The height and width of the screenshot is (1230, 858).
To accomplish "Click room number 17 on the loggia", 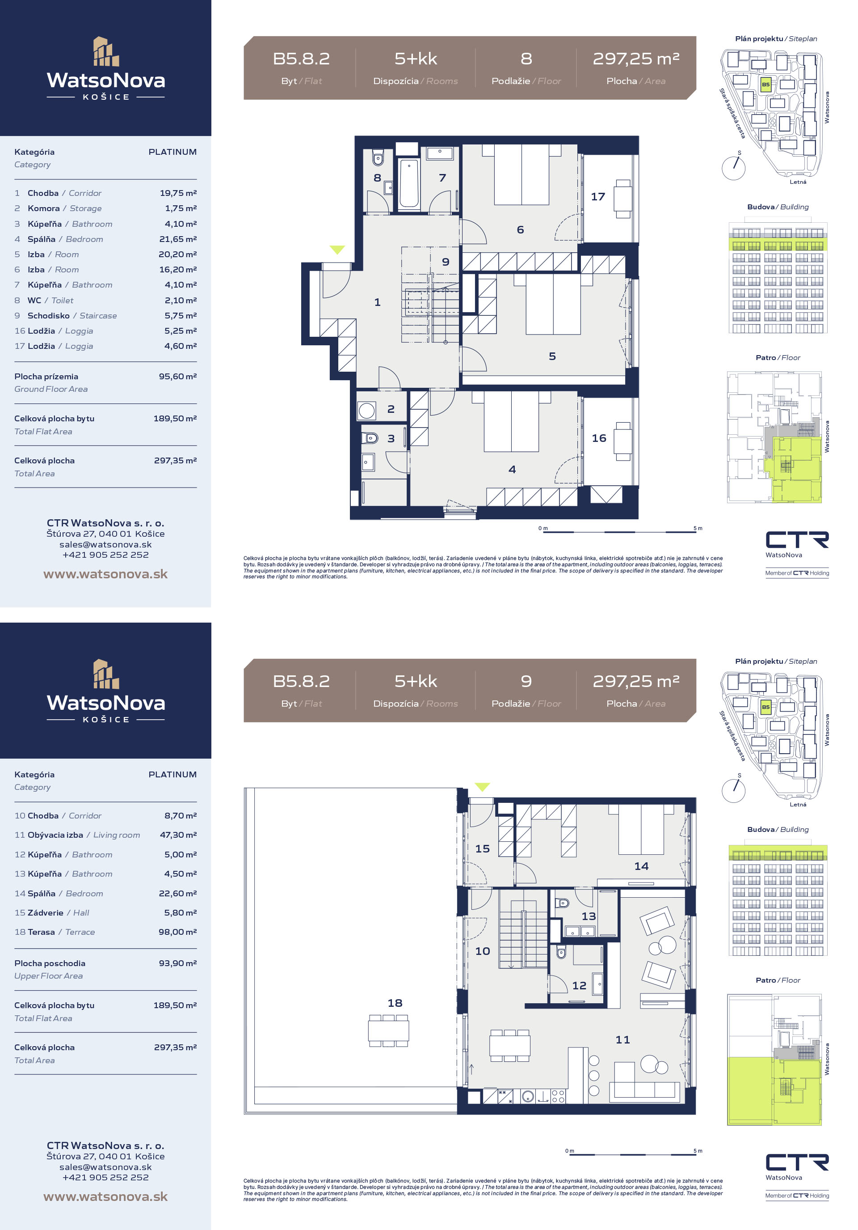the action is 597,197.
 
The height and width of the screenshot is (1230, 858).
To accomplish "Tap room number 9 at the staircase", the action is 446,262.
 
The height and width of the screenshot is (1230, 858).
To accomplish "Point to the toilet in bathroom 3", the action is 370,438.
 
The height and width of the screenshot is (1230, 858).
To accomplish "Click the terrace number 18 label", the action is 395,1002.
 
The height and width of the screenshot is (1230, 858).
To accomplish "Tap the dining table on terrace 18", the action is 389,1030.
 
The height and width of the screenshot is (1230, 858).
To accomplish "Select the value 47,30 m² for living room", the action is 178,835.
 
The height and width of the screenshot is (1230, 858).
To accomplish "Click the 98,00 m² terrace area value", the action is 178,932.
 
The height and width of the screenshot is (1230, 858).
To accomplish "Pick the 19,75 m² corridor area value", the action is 178,193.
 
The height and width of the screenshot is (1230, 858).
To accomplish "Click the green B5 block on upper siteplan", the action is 765,85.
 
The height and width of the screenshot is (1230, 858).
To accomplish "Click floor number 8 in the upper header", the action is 526,59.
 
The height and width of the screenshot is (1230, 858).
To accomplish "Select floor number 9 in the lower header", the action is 526,681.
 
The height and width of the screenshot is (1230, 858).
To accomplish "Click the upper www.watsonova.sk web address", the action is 105,574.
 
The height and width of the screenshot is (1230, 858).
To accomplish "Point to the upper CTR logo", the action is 797,540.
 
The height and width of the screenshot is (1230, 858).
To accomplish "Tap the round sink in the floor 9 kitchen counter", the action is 528,1097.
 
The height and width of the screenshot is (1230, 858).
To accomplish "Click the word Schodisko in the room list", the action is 49,315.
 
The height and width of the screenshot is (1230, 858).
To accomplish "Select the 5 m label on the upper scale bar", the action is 698,528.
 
